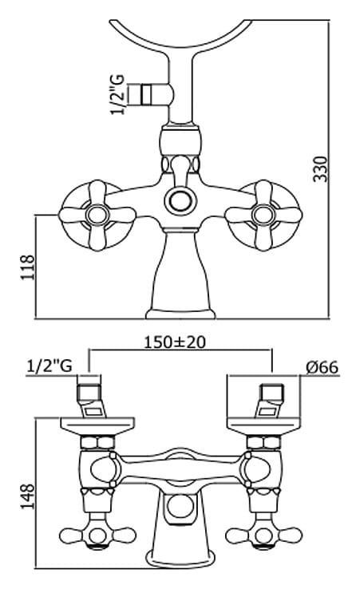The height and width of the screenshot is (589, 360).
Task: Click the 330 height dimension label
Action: pyautogui.click(x=321, y=168)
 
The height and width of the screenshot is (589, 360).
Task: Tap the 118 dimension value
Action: pyautogui.click(x=27, y=267)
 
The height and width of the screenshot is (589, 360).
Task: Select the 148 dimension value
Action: pyautogui.click(x=27, y=496)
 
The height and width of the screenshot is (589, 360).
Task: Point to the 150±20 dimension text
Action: pyautogui.click(x=175, y=342)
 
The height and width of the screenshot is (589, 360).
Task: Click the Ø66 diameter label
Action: pyautogui.click(x=322, y=367)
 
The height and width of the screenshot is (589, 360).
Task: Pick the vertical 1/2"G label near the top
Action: pyautogui.click(x=118, y=95)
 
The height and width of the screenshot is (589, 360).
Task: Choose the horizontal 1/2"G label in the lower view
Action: pyautogui.click(x=49, y=366)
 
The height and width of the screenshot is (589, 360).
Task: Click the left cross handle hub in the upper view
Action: pyautogui.click(x=97, y=215)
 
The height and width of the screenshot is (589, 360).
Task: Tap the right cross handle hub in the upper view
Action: pyautogui.click(x=263, y=215)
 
